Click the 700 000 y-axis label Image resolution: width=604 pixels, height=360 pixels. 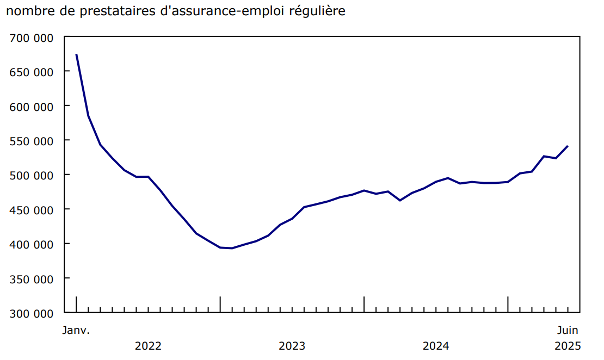point(32,38)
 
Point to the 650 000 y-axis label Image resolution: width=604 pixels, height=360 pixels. point(32,72)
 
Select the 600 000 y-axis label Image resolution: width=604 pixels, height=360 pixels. point(32,107)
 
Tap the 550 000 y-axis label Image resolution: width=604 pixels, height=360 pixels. point(32,141)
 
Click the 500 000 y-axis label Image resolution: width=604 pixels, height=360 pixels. point(32,175)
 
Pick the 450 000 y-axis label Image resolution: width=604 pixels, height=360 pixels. point(32,210)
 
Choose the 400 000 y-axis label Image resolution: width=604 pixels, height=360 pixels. point(32,244)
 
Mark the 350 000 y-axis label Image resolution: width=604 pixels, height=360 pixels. point(32,279)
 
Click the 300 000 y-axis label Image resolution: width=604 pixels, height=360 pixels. point(32,313)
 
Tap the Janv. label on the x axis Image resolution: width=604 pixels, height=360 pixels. point(76,330)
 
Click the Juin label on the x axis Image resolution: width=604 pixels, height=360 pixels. point(568,330)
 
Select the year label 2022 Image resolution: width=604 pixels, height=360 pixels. point(148,346)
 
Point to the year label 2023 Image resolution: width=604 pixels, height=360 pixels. point(292,346)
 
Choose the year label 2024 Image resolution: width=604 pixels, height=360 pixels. point(435,346)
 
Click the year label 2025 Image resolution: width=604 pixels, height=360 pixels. point(568,346)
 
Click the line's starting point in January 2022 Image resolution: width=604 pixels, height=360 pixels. point(76,54)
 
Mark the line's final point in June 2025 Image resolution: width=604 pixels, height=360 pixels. point(568,146)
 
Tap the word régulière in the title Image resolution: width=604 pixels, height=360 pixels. point(320,11)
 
